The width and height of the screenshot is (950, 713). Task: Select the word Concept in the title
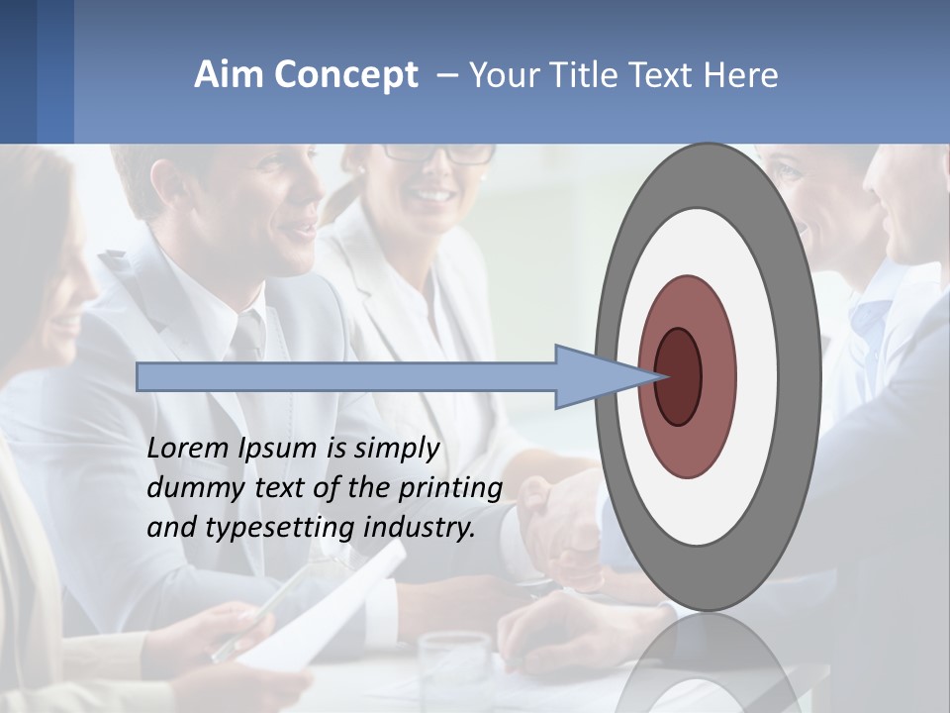click(x=346, y=75)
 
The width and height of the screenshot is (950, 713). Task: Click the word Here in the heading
click(x=741, y=75)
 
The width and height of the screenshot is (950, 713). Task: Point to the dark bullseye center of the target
click(x=677, y=376)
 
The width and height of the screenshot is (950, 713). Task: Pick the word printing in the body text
click(x=449, y=488)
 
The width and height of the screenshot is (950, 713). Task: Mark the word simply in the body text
click(x=395, y=449)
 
